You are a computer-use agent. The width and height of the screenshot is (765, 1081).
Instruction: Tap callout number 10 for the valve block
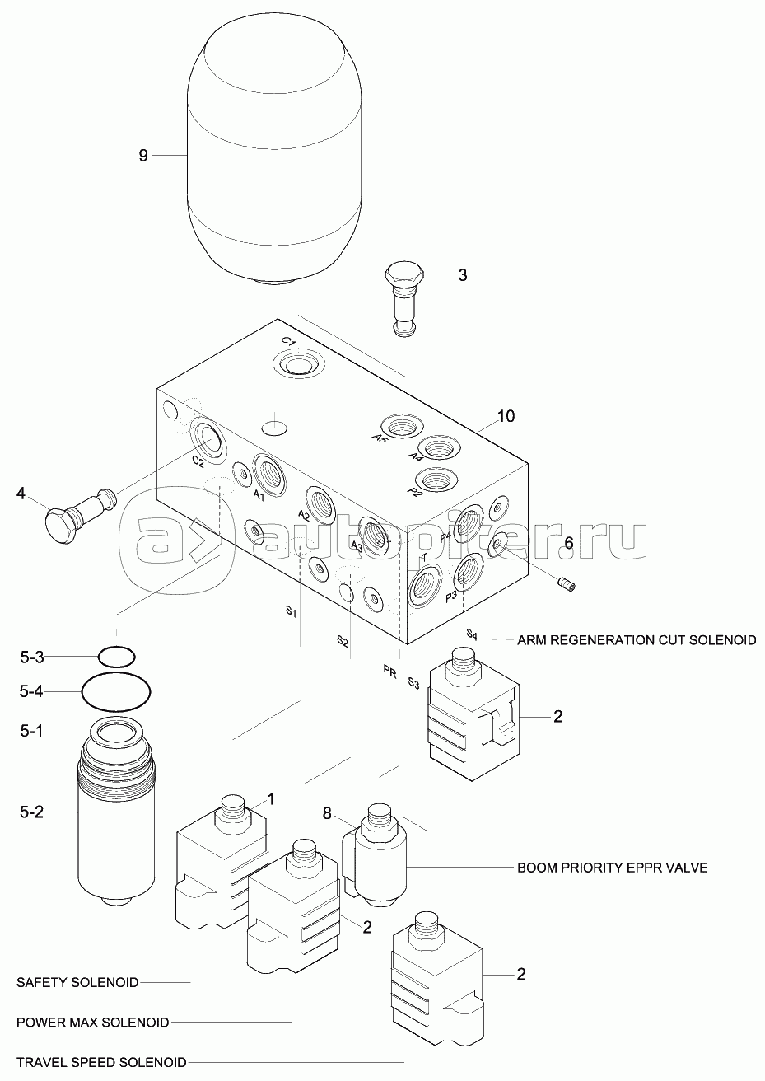(x=505, y=416)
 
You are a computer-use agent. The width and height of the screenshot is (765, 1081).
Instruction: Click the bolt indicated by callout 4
(x=78, y=515)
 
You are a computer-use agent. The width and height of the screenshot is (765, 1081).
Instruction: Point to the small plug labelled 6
(x=567, y=584)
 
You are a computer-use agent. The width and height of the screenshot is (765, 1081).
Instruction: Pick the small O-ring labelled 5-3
(x=116, y=657)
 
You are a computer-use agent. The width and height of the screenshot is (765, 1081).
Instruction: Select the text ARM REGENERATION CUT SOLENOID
(x=636, y=639)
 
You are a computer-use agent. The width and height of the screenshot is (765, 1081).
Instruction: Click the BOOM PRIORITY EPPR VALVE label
(x=612, y=868)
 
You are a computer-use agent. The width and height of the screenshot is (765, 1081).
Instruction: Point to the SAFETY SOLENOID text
(x=77, y=982)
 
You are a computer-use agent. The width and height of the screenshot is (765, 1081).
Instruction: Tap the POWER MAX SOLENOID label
(x=92, y=1023)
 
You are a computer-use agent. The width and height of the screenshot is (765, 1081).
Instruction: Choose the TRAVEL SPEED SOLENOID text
(x=101, y=1062)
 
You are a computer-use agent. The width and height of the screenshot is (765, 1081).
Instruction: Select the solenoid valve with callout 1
(x=221, y=865)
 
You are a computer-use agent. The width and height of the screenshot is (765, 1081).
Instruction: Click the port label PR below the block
(x=390, y=672)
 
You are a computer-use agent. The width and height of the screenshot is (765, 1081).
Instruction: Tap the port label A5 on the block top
(x=380, y=438)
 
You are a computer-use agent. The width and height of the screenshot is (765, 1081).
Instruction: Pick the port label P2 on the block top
(x=415, y=492)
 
